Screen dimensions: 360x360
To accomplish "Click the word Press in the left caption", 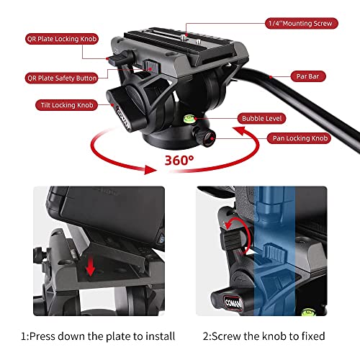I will (x=53, y=336).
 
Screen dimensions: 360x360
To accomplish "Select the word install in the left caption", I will (x=156, y=336).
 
